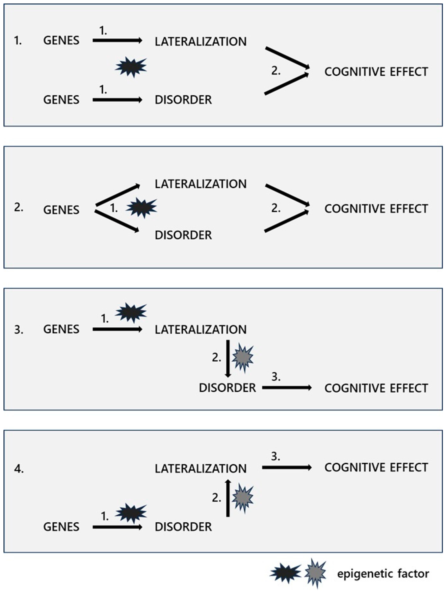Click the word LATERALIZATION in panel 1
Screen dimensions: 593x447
(200, 41)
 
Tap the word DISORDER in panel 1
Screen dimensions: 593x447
(183, 100)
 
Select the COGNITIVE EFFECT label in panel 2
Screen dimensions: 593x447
(376, 208)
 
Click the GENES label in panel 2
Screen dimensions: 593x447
(61, 210)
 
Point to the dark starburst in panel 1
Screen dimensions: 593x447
(131, 67)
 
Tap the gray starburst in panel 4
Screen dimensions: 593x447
(243, 498)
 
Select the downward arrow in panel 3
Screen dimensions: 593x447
(228, 358)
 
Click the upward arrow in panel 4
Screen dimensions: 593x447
(228, 498)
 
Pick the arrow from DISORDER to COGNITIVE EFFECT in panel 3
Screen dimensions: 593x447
(286, 388)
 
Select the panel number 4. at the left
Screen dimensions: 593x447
(19, 469)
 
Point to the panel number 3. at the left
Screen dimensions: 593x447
(19, 330)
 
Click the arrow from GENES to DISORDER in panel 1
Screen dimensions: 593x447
(117, 100)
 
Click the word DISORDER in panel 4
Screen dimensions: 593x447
(183, 527)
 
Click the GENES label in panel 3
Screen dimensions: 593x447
(61, 329)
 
